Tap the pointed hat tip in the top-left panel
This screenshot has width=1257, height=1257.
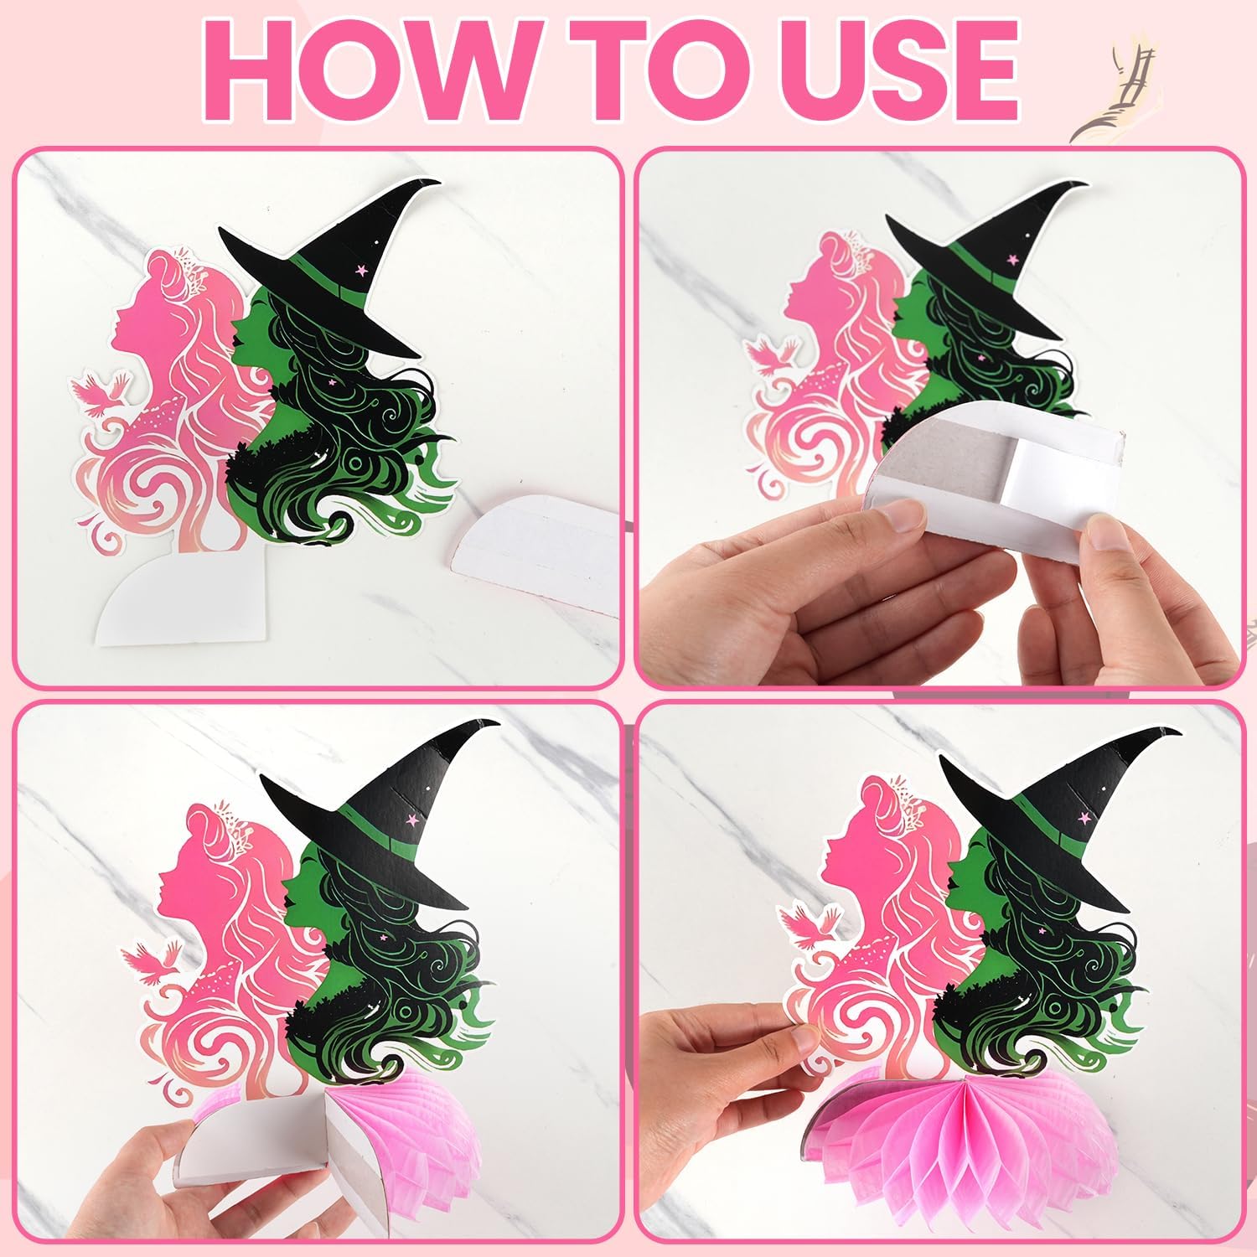click(x=432, y=185)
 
